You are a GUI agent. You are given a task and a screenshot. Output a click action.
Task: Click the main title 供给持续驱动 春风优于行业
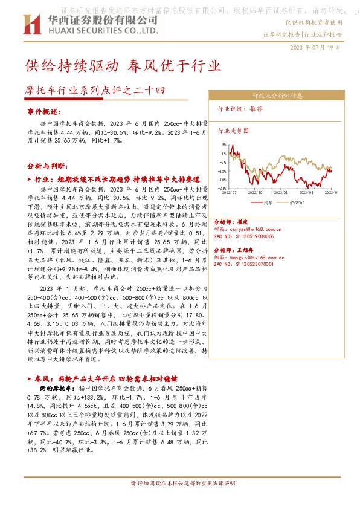pyautogui.click(x=123, y=65)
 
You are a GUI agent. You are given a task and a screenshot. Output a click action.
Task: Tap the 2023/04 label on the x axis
pyautogui.click(x=308, y=192)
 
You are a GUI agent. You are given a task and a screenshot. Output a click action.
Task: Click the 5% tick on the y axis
pyautogui.click(x=223, y=145)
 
